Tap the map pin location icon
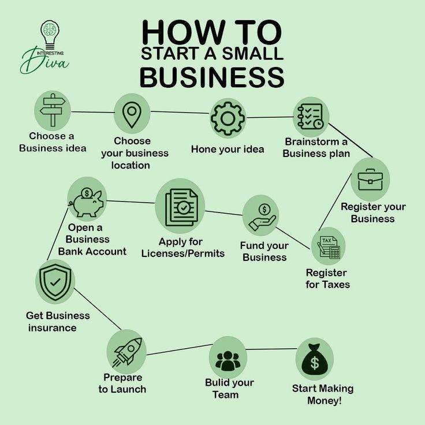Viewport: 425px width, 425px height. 132,114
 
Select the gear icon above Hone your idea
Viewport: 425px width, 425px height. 228,118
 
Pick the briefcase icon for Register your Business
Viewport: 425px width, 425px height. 370,180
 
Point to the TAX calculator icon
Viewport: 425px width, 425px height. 329,247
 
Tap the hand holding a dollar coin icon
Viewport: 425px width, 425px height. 261,215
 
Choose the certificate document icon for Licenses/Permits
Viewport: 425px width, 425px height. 181,206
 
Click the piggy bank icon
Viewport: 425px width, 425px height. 87,199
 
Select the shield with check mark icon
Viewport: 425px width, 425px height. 55,282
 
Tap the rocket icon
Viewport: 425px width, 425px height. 126,351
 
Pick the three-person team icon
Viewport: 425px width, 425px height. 228,358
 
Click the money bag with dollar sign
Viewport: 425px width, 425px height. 315,359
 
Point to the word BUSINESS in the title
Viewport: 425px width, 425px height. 212,77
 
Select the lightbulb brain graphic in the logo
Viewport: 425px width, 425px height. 50,32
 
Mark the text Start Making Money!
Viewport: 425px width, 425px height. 323,394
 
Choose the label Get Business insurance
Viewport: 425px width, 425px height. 58,322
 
